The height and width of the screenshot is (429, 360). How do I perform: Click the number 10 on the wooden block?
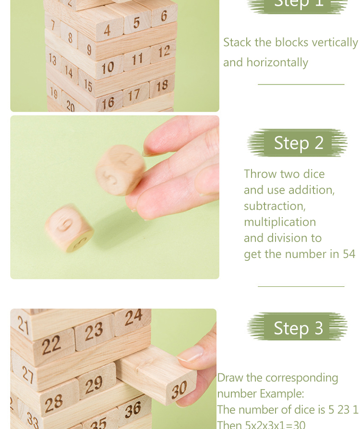(107, 68)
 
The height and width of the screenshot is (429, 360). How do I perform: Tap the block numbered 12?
(164, 51)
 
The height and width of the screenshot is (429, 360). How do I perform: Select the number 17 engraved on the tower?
(134, 95)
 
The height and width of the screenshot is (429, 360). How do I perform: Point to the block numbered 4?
(107, 30)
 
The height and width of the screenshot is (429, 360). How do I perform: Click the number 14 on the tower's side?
(69, 73)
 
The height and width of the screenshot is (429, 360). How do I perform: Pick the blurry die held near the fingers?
(120, 170)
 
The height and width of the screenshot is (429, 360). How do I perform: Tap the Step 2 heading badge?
(298, 143)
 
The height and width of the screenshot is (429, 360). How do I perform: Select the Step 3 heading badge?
(298, 328)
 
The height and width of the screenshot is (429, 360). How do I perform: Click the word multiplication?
(279, 222)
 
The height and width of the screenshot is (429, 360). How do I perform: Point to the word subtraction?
(274, 206)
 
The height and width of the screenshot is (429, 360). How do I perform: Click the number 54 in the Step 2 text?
(349, 254)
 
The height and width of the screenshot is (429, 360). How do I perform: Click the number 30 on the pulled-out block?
(179, 390)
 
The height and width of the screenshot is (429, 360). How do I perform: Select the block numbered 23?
(94, 331)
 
